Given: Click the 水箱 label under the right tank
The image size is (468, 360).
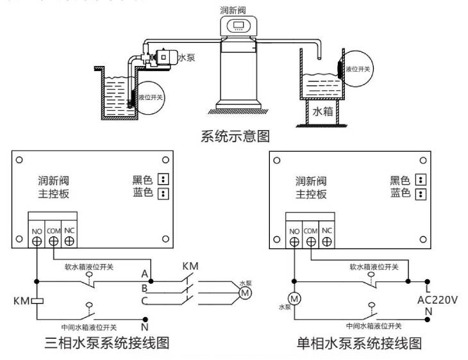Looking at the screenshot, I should click(x=322, y=111).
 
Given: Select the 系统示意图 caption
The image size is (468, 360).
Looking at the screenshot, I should click(x=233, y=136).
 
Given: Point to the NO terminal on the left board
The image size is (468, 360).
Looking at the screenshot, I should click(x=36, y=241).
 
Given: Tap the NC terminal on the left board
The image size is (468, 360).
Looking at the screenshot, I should click(x=69, y=241).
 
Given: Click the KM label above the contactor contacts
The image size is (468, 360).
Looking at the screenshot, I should click(x=190, y=266).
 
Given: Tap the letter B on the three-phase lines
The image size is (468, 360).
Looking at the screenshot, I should click(x=145, y=288).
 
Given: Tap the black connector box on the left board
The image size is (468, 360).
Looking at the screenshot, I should click(x=163, y=179).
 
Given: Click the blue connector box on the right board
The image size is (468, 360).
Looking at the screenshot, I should click(x=421, y=193).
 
